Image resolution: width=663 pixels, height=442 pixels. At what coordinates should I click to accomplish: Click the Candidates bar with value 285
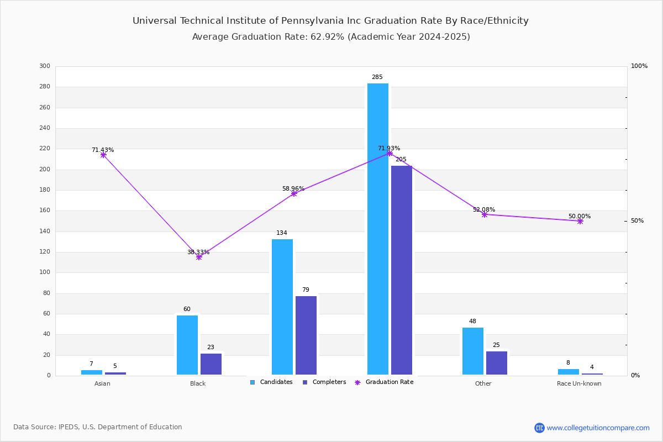[378, 229]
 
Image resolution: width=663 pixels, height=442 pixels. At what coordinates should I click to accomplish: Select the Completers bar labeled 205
[402, 270]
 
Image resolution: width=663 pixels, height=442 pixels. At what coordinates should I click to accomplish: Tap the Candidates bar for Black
[187, 345]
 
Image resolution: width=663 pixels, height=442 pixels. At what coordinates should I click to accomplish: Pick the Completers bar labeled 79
[306, 335]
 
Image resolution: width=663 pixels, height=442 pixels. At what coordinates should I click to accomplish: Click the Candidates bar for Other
[473, 351]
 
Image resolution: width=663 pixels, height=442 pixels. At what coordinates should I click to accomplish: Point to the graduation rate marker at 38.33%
[199, 257]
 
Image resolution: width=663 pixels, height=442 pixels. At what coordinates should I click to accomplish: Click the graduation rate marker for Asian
[103, 155]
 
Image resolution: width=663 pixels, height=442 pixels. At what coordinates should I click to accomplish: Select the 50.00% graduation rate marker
[580, 221]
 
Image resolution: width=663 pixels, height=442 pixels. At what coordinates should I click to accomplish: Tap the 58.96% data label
[293, 188]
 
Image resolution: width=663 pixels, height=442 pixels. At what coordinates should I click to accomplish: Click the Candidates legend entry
[271, 382]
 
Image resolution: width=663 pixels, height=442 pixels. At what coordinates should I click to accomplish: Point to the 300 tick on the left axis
[45, 66]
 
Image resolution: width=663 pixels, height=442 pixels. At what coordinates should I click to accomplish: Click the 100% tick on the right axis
[639, 66]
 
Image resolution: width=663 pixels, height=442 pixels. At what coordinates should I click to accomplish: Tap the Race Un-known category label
[579, 383]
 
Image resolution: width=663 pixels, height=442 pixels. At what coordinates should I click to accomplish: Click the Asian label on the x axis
[102, 383]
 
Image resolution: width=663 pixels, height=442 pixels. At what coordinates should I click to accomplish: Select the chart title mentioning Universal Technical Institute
[330, 21]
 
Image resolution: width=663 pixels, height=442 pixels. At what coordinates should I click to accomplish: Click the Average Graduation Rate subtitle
[330, 37]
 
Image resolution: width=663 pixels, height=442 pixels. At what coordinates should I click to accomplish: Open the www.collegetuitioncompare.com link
[598, 428]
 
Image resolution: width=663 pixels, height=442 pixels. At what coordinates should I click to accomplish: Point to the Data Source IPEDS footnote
[98, 427]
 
